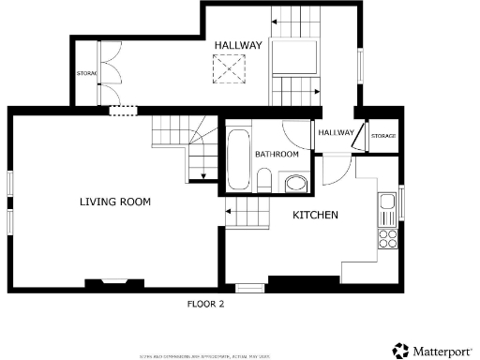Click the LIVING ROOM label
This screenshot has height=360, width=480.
click(x=114, y=202)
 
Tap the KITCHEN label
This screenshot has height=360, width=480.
click(x=315, y=216)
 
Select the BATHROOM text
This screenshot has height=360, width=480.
click(x=277, y=154)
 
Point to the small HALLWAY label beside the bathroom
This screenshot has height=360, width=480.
click(x=337, y=132)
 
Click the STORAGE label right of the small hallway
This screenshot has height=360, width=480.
click(x=383, y=137)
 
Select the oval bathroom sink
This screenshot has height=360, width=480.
click(x=295, y=183)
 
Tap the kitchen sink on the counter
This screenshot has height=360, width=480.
click(x=386, y=202)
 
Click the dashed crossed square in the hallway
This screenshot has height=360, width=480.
click(x=226, y=68)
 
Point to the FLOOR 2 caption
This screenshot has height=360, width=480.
click(x=205, y=304)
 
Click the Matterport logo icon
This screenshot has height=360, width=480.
click(x=399, y=350)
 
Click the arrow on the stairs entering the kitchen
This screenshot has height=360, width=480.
click(x=228, y=213)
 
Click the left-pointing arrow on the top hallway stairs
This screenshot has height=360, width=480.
click(x=275, y=20)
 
